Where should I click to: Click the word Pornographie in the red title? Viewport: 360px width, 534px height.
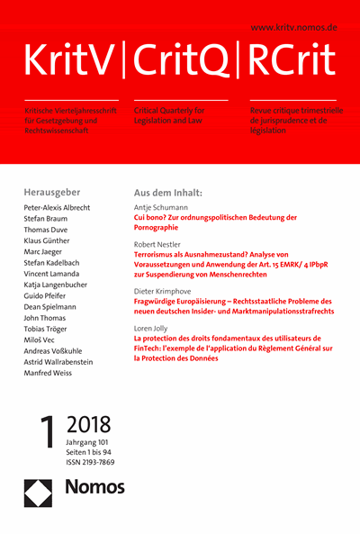pos(161,228)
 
